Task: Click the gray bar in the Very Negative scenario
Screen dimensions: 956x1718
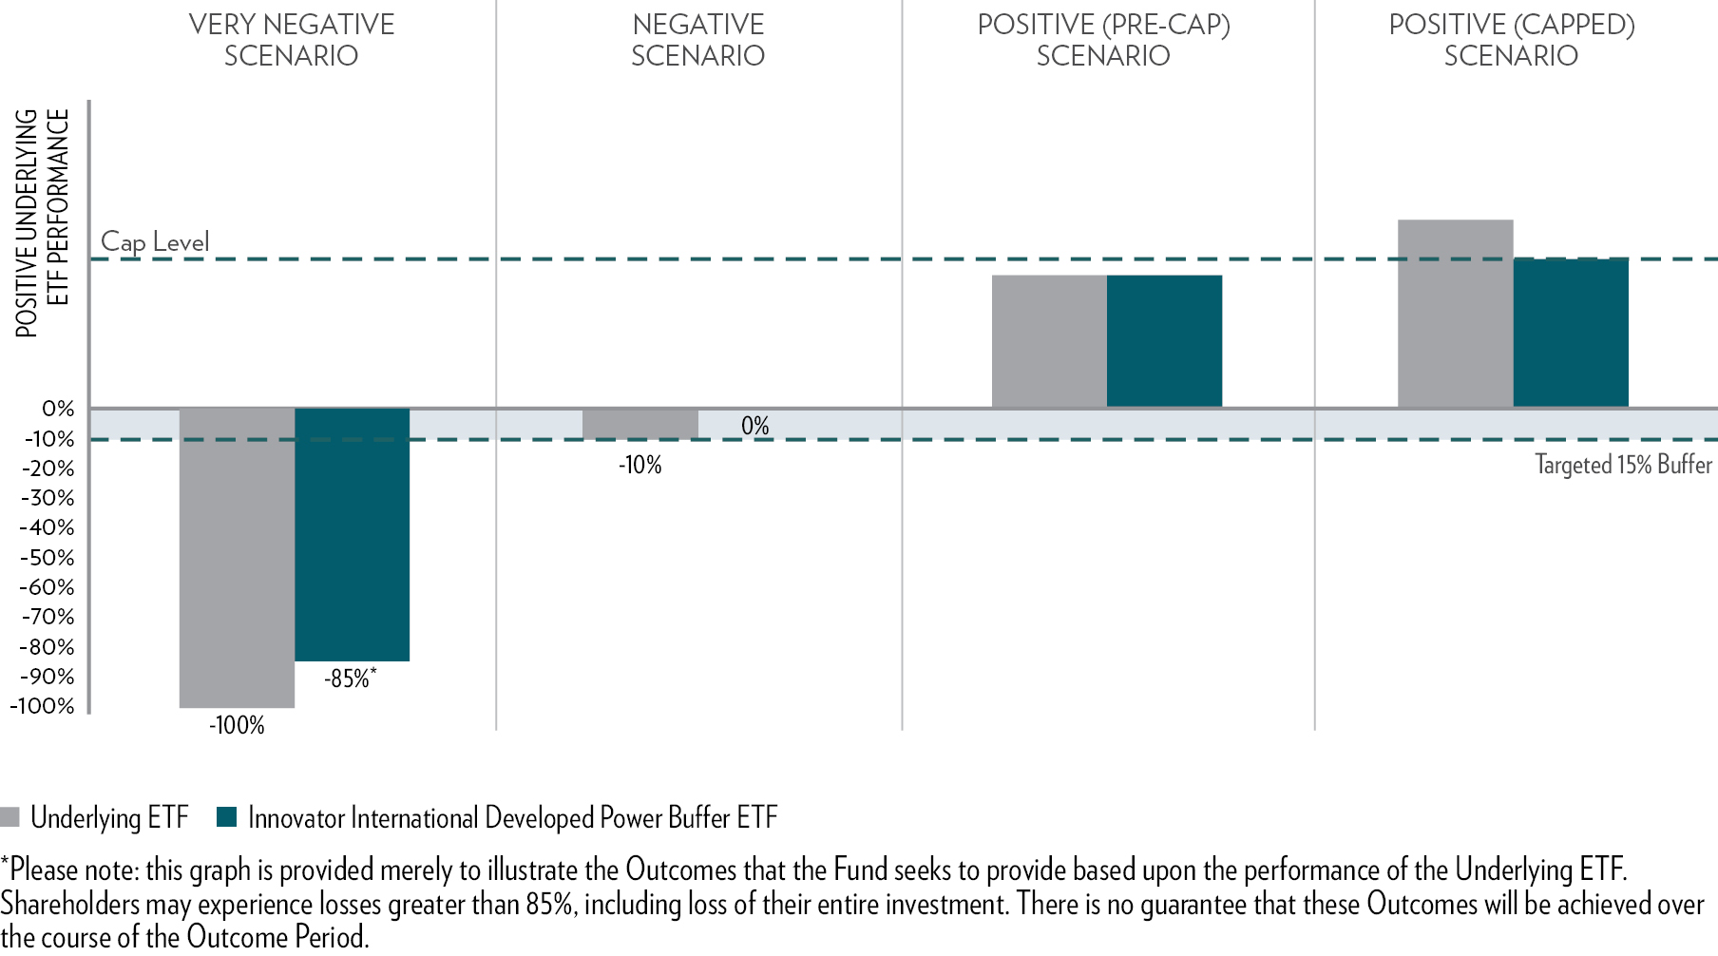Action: coord(237,558)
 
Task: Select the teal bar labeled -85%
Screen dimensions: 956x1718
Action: coord(352,534)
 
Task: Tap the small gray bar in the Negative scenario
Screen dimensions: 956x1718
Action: coord(639,424)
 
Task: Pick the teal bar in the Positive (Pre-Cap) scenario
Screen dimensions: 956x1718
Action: coord(1164,341)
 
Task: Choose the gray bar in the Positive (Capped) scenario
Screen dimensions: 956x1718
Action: coord(1455,314)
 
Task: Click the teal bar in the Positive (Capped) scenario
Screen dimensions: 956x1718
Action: coord(1570,333)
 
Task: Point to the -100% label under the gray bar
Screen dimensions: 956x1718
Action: coord(237,726)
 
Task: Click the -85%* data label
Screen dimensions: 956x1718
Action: coord(350,679)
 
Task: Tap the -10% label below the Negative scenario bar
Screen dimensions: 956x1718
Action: coord(639,466)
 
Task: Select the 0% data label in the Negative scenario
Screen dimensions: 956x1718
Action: coord(754,426)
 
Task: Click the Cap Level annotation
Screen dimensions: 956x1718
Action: coord(155,242)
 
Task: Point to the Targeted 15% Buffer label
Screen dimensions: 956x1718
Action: coord(1623,465)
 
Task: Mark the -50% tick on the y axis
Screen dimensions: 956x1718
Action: coord(48,558)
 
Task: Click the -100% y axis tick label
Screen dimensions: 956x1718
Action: coord(43,706)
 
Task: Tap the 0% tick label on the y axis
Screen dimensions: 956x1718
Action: coord(58,409)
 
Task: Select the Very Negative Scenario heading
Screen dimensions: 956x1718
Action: coord(291,40)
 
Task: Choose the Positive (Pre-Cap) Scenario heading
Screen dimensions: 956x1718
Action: coord(1103,40)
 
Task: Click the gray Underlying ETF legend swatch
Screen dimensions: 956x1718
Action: coord(10,817)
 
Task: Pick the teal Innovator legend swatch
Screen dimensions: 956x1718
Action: coord(226,817)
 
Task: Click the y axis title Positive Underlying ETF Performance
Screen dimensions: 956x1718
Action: coord(43,223)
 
